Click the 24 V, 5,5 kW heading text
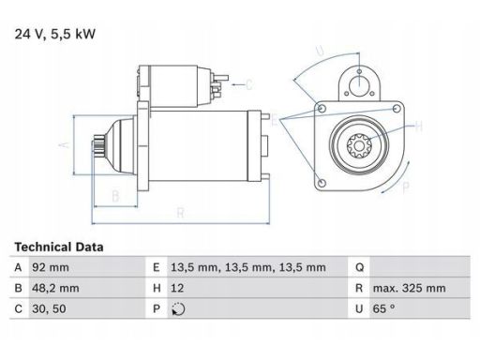pos(55,34)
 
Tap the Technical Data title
pos(59,247)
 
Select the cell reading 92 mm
pos(51,267)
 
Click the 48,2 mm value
pos(55,288)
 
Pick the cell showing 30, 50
pos(49,308)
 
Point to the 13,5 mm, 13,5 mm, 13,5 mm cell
pos(248,267)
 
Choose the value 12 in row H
pos(177,288)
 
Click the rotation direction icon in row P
pos(178,309)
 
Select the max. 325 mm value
pos(409,288)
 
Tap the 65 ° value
pos(383,308)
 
